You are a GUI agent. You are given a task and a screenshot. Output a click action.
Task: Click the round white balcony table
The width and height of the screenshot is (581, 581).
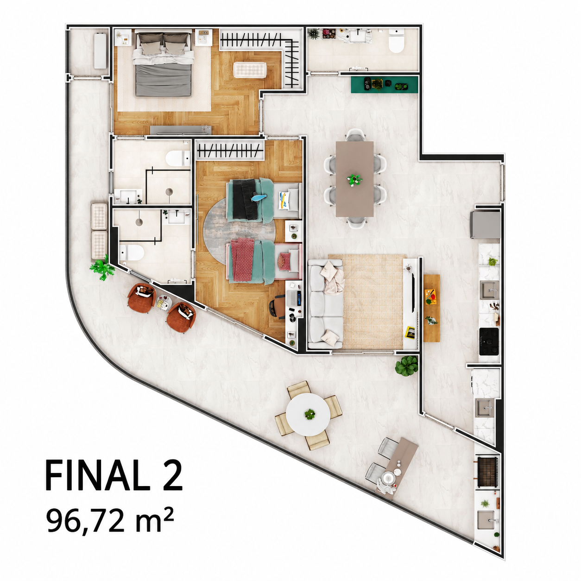(308, 414)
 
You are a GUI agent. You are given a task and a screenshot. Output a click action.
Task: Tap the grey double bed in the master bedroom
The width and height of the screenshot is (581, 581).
(163, 64)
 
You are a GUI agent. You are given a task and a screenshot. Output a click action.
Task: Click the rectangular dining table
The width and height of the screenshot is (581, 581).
(354, 179)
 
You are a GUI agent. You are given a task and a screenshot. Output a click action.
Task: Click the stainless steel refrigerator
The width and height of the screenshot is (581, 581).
(485, 225)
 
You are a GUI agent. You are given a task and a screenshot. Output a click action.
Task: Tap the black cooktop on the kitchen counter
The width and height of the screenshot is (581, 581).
(489, 341)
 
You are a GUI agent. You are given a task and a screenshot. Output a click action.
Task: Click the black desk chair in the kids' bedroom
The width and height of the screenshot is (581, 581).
(277, 306)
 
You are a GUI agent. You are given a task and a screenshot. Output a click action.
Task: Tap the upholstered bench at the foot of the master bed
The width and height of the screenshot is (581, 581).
(250, 70)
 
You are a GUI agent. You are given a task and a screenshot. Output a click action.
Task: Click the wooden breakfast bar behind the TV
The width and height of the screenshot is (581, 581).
(432, 308)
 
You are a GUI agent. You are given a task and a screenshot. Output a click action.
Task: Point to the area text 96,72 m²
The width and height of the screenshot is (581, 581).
(110, 520)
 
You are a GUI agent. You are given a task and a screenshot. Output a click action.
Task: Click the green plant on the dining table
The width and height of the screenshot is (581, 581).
(354, 180)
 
